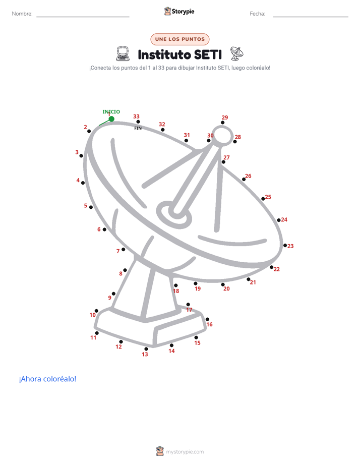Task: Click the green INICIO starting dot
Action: [111, 119]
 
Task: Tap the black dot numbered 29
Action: [222, 123]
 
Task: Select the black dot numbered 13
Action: [146, 349]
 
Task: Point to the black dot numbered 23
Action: [285, 246]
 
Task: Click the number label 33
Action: [136, 116]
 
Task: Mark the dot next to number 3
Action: [81, 156]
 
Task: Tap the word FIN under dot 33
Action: [138, 128]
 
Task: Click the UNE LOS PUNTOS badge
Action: [180, 39]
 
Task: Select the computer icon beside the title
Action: [123, 54]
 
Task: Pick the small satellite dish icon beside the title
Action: [237, 53]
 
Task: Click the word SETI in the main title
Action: [208, 55]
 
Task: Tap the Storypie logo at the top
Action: [179, 11]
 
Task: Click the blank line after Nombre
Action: [83, 17]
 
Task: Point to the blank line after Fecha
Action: [311, 17]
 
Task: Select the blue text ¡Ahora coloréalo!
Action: [47, 379]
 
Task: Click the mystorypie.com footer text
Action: [185, 452]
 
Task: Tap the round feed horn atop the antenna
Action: [223, 136]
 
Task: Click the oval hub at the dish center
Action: [174, 214]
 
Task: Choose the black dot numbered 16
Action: [207, 319]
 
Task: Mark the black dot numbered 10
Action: [96, 311]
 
